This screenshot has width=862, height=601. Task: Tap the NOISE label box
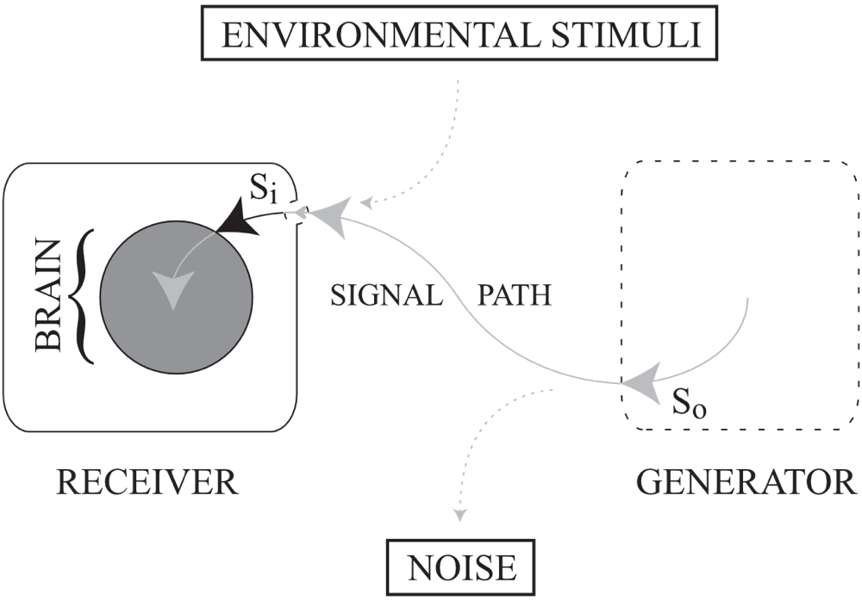click(462, 567)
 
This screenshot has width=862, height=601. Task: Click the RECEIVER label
click(147, 481)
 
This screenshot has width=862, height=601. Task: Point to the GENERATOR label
click(746, 481)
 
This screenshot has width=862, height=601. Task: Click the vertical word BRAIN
click(48, 295)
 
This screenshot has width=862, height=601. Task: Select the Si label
click(263, 190)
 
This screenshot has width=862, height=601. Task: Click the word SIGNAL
click(385, 295)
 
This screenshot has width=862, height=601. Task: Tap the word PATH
click(515, 295)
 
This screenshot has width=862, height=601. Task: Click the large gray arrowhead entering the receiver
click(329, 212)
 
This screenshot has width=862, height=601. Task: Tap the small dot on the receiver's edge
click(298, 209)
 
